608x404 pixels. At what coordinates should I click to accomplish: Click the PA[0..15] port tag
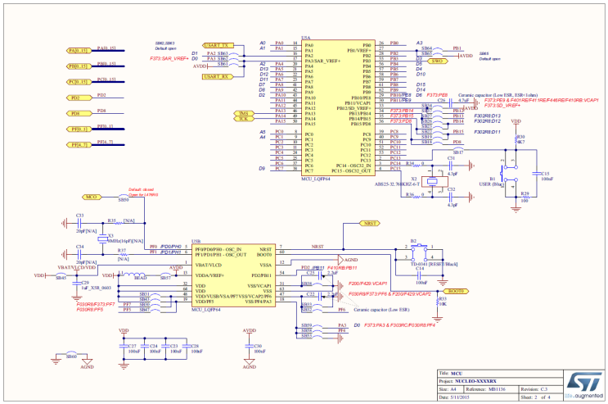[78, 50]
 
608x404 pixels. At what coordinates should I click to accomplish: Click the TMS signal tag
[243, 113]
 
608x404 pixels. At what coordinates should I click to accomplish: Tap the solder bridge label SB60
[71, 356]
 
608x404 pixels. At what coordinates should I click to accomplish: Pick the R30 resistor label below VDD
[520, 138]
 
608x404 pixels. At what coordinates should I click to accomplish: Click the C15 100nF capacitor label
[545, 175]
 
